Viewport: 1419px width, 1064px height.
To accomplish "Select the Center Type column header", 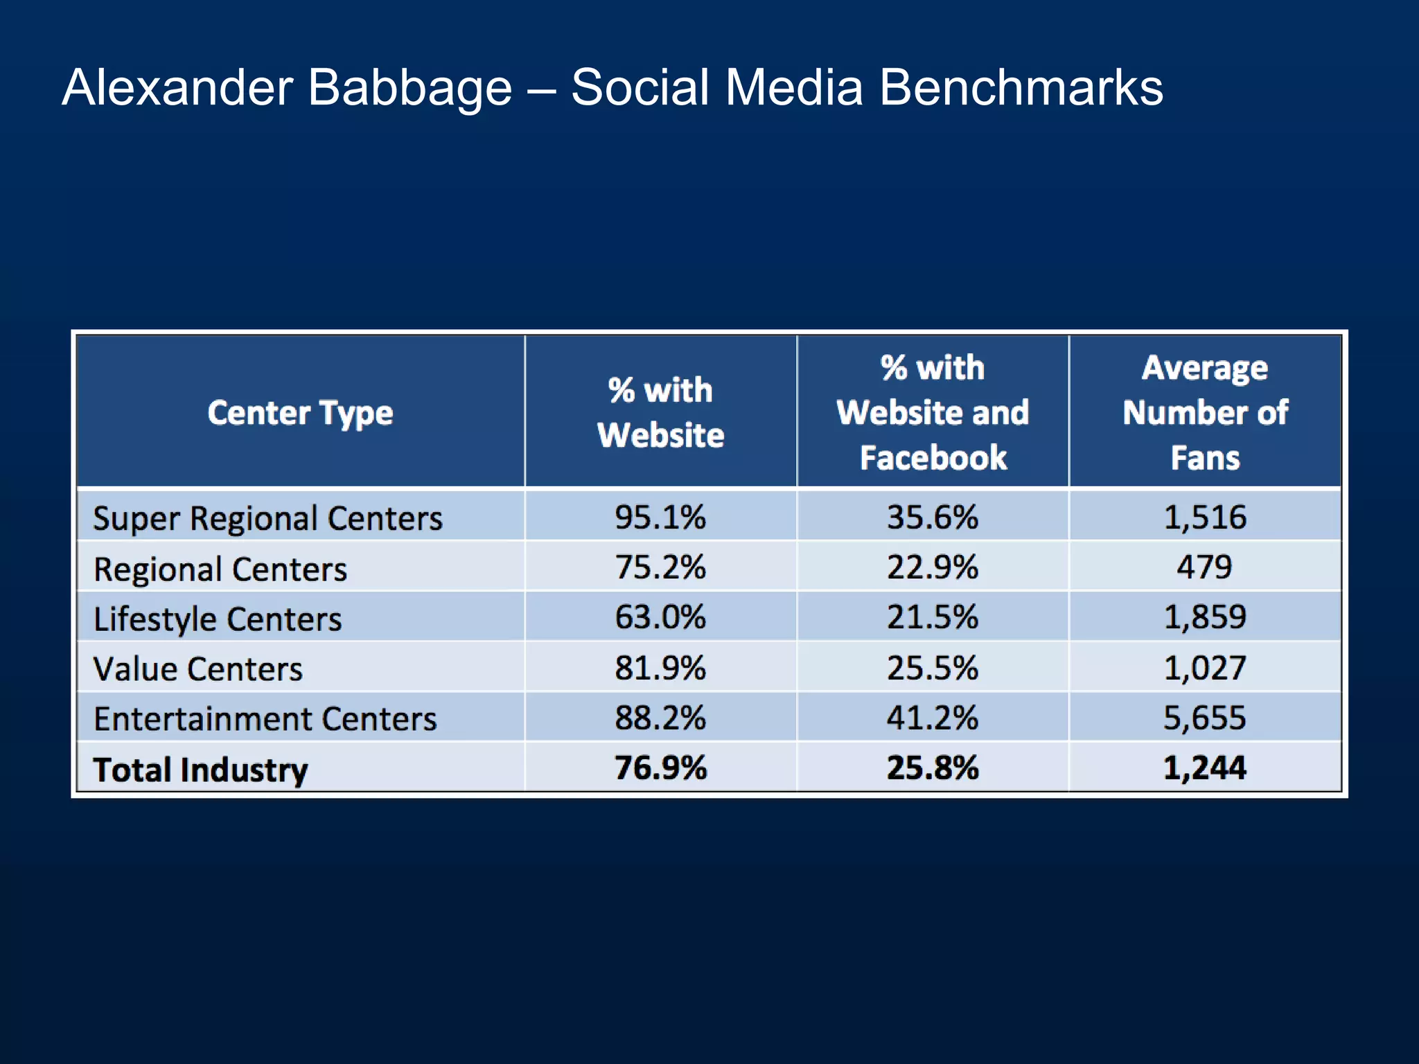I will tap(300, 413).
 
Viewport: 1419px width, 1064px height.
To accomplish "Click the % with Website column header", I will tap(660, 413).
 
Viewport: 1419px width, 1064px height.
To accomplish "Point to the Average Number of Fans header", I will tap(1205, 413).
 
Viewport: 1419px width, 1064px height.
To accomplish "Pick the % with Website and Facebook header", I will tap(933, 413).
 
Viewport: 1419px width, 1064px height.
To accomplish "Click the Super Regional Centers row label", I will tap(267, 518).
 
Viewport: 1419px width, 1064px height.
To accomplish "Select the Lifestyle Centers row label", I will tap(218, 619).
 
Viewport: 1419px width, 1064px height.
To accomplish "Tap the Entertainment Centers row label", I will tap(265, 719).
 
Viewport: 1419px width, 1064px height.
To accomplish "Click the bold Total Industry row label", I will tap(200, 770).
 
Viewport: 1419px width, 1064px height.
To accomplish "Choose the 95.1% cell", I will tap(660, 517).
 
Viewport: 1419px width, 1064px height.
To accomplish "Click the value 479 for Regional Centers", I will tap(1204, 567).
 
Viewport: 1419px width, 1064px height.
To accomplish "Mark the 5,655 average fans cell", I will tap(1204, 718).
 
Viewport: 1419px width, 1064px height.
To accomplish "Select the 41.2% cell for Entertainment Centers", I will tap(933, 718).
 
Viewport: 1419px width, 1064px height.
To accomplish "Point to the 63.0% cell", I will tap(660, 617).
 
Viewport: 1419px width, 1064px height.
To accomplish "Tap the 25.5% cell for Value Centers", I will tap(933, 668).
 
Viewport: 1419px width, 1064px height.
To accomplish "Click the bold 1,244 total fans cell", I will tap(1204, 768).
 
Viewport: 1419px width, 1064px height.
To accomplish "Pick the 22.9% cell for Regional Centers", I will tap(933, 567).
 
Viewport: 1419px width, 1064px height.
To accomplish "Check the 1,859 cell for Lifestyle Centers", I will tap(1204, 617).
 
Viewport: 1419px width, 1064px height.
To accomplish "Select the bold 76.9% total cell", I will tap(660, 768).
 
